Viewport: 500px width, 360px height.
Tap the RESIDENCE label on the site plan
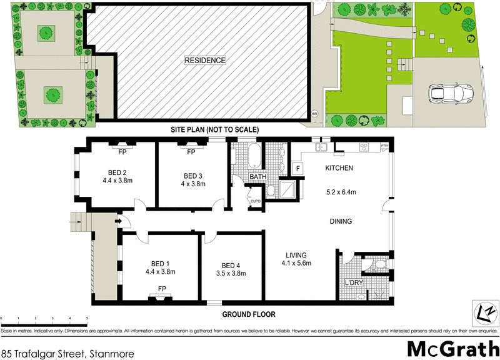click(x=204, y=61)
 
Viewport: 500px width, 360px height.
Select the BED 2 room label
click(x=117, y=173)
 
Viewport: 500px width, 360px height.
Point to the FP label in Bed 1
click(x=162, y=288)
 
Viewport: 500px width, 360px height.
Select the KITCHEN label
click(x=339, y=168)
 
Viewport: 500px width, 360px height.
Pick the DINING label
click(x=341, y=221)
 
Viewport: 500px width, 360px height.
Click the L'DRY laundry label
click(x=354, y=284)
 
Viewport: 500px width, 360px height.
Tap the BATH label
click(x=258, y=177)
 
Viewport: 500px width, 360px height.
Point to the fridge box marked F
click(x=298, y=169)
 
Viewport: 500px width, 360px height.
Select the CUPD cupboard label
click(x=255, y=201)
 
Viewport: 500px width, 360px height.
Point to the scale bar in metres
click(x=44, y=320)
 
